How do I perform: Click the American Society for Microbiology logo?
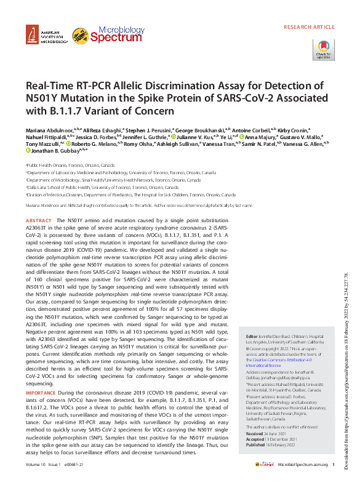point(46,36)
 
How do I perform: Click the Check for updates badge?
point(324,49)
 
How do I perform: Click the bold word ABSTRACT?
point(39,220)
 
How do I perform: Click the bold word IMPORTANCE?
point(41,392)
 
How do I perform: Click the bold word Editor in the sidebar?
point(252,337)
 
